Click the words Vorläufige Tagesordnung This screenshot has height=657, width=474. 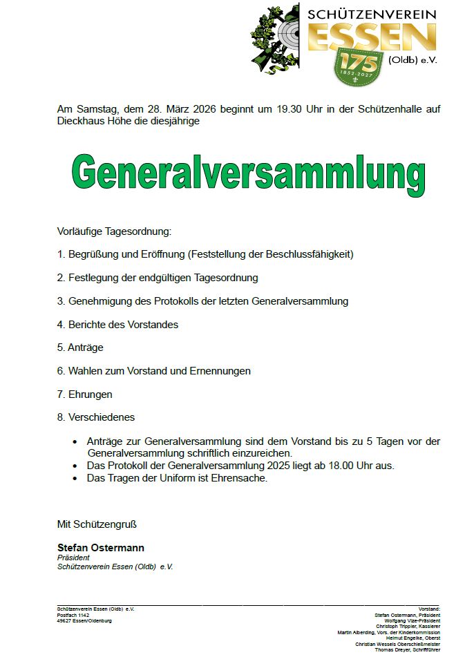[113, 231]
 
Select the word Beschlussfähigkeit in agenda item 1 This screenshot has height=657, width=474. [307, 254]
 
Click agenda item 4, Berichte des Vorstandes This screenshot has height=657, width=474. [117, 325]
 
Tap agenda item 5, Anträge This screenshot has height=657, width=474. [80, 348]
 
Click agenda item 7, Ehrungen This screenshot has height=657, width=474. [84, 394]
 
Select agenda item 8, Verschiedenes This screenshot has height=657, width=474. [96, 417]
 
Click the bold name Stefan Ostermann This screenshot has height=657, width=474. [101, 548]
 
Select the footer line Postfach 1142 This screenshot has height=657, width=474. [73, 615]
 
